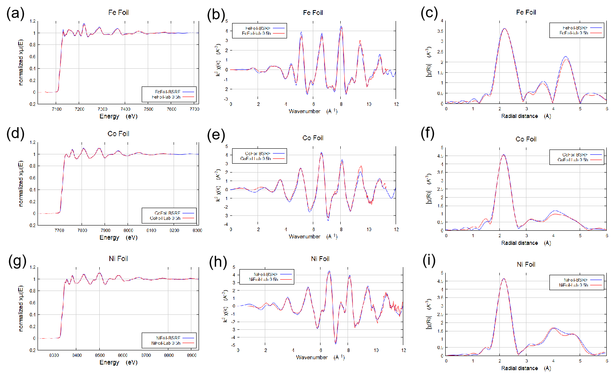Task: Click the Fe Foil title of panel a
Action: pyautogui.click(x=118, y=13)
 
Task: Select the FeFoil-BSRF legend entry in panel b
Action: pyautogui.click(x=258, y=28)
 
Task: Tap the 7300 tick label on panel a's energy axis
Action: pyautogui.click(x=103, y=109)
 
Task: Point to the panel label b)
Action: pyautogui.click(x=218, y=15)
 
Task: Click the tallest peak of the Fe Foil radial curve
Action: pyautogui.click(x=505, y=29)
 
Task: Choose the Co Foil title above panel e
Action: pyautogui.click(x=313, y=138)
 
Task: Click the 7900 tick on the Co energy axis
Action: pyautogui.click(x=105, y=230)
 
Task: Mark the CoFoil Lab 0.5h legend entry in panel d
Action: pyautogui.click(x=165, y=218)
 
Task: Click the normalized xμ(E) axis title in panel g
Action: pyautogui.click(x=21, y=309)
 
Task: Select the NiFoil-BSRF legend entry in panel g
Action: pyautogui.click(x=168, y=338)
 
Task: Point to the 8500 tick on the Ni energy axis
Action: pyautogui.click(x=100, y=355)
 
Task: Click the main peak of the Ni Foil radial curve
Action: pyautogui.click(x=503, y=279)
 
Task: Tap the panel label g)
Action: pyautogui.click(x=20, y=261)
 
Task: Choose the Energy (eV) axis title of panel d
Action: pyautogui.click(x=118, y=238)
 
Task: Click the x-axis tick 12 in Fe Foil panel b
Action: pyautogui.click(x=396, y=104)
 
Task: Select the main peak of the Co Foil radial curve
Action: pyautogui.click(x=503, y=155)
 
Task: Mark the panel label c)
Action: pyautogui.click(x=430, y=13)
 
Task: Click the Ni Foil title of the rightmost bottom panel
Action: pyautogui.click(x=526, y=264)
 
